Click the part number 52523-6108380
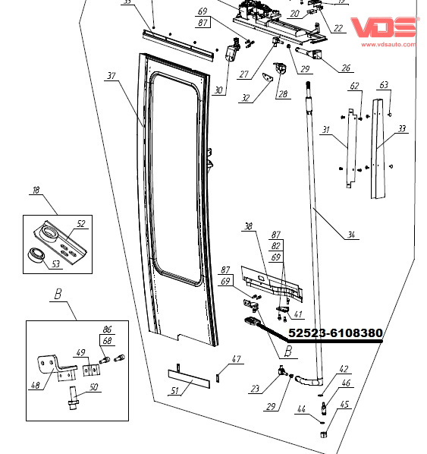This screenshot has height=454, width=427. pyautogui.click(x=335, y=333)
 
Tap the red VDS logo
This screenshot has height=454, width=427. pyautogui.click(x=384, y=27)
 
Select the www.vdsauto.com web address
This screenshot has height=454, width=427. pyautogui.click(x=388, y=44)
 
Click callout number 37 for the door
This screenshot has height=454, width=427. pyautogui.click(x=111, y=76)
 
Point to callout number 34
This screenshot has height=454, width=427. pyautogui.click(x=351, y=235)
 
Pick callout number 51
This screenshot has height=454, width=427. pyautogui.click(x=174, y=390)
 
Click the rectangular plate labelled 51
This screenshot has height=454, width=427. pyautogui.click(x=189, y=379)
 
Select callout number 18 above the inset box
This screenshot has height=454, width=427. pyautogui.click(x=36, y=191)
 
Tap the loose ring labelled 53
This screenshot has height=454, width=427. pyautogui.click(x=36, y=255)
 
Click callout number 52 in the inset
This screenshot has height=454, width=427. pyautogui.click(x=81, y=224)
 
